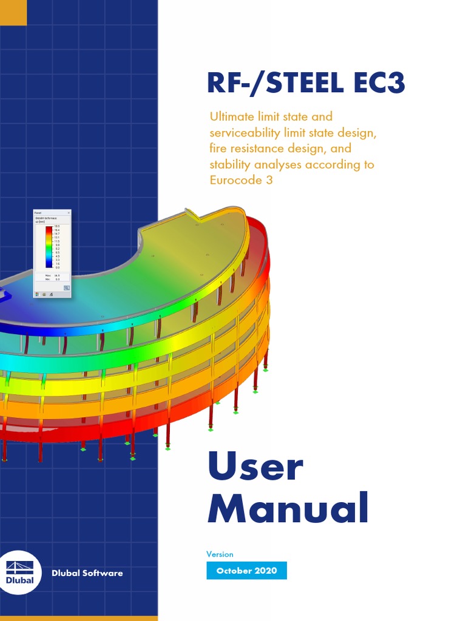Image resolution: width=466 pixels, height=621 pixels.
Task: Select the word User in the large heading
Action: point(255,468)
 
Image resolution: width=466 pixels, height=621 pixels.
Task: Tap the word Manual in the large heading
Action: point(288,510)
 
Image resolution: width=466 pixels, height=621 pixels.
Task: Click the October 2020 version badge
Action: point(246,571)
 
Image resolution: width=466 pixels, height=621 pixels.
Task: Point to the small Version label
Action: point(220,554)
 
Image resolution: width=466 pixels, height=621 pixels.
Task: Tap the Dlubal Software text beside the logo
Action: point(87,573)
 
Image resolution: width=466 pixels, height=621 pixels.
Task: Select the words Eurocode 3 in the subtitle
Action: point(241,180)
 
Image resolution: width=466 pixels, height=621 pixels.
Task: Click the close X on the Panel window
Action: point(69,213)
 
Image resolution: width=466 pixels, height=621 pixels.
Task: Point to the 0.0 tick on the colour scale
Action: point(58,267)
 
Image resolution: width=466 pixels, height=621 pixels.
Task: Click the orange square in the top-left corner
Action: point(13,13)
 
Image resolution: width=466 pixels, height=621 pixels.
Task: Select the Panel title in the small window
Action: point(38,213)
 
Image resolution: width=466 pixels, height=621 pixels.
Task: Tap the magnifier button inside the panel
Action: point(66,288)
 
